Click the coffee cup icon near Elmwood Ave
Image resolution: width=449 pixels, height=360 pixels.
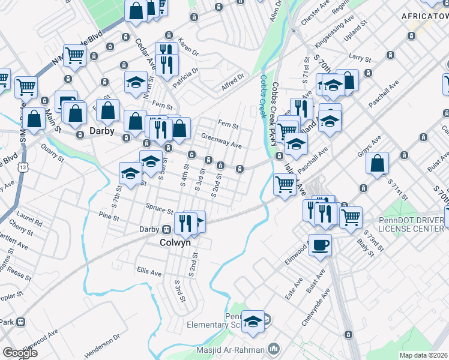pos(320,245)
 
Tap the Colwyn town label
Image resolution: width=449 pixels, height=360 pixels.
pos(175,243)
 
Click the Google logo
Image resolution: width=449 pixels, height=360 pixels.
pos(20,353)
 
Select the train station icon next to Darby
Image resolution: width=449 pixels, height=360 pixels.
pos(167,229)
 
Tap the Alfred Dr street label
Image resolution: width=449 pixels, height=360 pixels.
pos(233,82)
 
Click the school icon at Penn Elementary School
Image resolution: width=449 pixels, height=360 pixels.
pos(253,322)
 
